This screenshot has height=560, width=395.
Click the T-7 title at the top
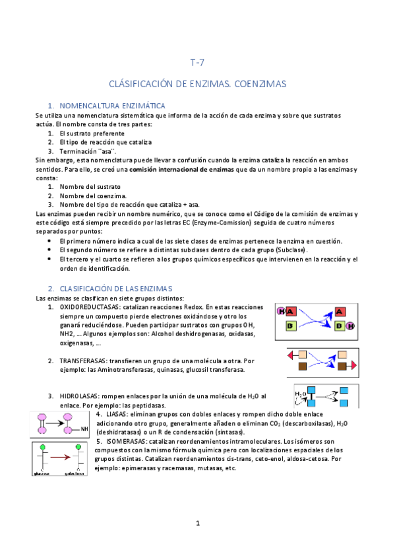click(x=197, y=63)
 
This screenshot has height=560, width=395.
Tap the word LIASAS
click(x=119, y=414)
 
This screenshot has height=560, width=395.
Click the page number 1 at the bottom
click(x=197, y=524)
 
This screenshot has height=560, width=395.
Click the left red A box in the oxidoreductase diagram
click(x=291, y=311)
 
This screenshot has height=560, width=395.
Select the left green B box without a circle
click(x=290, y=326)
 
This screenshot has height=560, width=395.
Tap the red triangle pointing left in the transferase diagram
click(x=291, y=355)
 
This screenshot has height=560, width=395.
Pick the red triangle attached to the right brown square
click(x=353, y=366)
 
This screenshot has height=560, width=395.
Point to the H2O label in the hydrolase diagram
click(x=301, y=395)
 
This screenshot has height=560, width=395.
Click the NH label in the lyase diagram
click(x=84, y=429)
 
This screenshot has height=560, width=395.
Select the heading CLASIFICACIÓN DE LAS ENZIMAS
click(x=115, y=289)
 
